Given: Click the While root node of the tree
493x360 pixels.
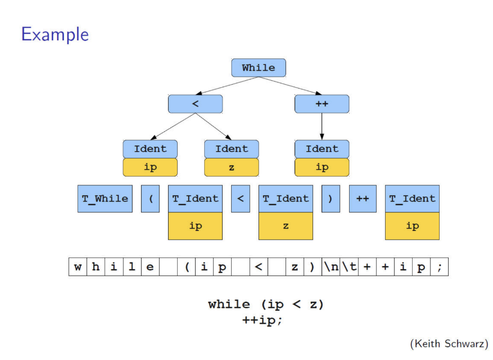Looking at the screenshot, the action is tap(259, 67).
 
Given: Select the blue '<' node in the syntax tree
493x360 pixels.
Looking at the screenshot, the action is tap(195, 104).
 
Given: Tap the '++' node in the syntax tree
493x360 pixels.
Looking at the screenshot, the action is tap(322, 104).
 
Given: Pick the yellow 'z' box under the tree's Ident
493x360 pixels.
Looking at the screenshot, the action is tap(232, 167).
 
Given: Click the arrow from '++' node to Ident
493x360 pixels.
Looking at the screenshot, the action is tap(322, 127).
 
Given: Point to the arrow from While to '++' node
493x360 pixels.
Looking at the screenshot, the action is tap(290, 86).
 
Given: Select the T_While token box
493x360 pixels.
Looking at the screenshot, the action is tap(105, 199).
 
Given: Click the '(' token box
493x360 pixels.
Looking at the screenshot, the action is tap(150, 199).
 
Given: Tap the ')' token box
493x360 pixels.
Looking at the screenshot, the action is tap(331, 199).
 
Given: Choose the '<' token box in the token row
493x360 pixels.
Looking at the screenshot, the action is tap(241, 199).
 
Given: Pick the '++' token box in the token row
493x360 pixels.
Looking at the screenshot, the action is tap(363, 199).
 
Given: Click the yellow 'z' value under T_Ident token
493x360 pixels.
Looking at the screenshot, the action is tap(286, 226).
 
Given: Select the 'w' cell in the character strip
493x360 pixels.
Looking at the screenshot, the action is tap(78, 267).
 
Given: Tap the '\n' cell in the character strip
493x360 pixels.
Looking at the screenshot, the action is tap(331, 267).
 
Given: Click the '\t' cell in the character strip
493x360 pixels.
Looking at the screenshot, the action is tap(349, 267).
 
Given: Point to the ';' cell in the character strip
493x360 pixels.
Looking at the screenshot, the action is tap(439, 267).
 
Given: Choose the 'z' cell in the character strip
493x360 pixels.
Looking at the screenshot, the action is tap(295, 267).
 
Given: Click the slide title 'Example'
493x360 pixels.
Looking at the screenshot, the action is tap(55, 34).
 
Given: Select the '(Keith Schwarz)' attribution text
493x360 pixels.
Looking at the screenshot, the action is tap(449, 344).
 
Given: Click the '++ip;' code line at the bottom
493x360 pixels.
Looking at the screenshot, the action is tap(262, 321).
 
